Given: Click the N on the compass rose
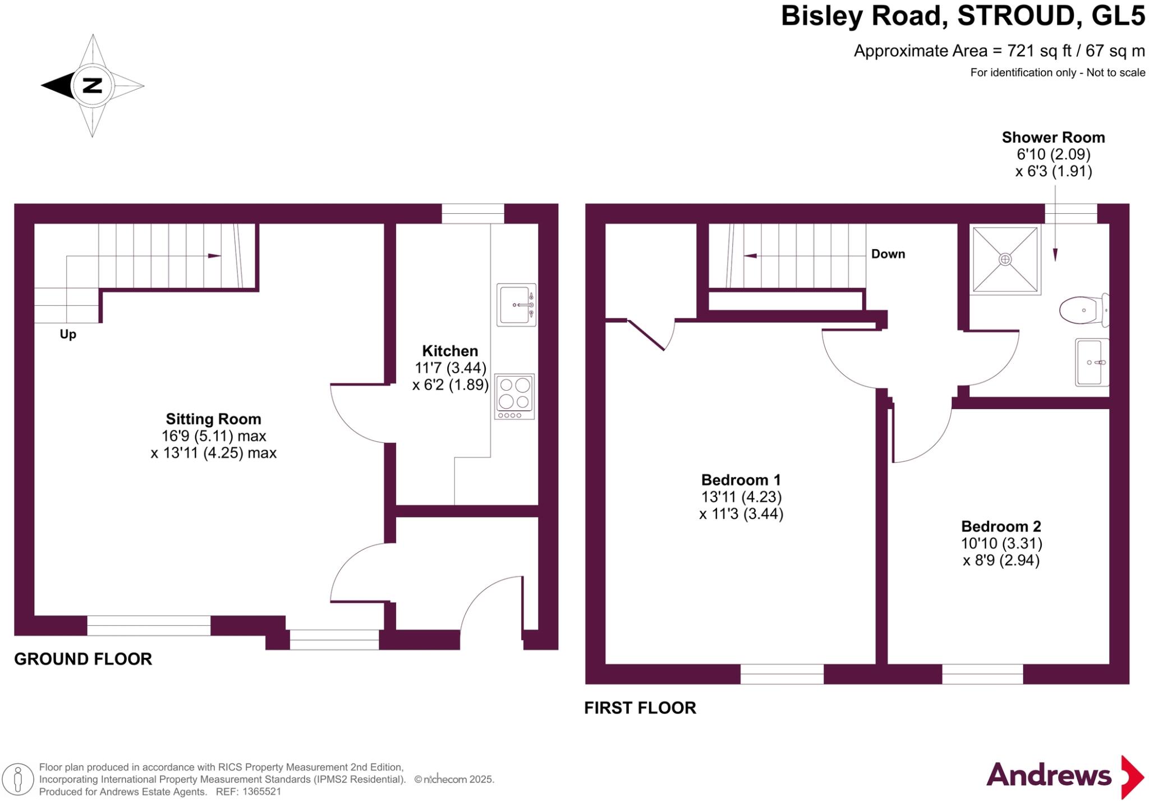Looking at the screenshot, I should click(x=93, y=86).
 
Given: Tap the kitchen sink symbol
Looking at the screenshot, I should click(x=516, y=305).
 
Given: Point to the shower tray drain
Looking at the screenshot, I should click(x=1005, y=259).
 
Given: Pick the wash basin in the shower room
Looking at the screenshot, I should click(x=1091, y=363).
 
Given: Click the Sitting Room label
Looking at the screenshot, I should click(x=213, y=419).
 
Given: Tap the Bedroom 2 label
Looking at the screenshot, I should click(x=1001, y=526).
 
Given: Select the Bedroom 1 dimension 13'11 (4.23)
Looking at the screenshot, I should click(x=741, y=497).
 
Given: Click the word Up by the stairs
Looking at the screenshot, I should click(x=68, y=335).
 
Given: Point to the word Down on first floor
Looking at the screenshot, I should click(x=888, y=254).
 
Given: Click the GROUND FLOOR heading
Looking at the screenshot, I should click(x=83, y=659).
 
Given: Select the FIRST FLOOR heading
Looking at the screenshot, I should click(x=640, y=708).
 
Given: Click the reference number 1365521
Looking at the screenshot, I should click(x=260, y=792).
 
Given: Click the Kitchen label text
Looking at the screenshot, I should click(x=450, y=351).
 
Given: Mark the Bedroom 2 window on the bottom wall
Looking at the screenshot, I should click(x=982, y=674).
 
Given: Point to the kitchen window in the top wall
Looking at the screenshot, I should click(x=472, y=213).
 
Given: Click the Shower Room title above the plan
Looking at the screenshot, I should click(x=1053, y=138).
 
